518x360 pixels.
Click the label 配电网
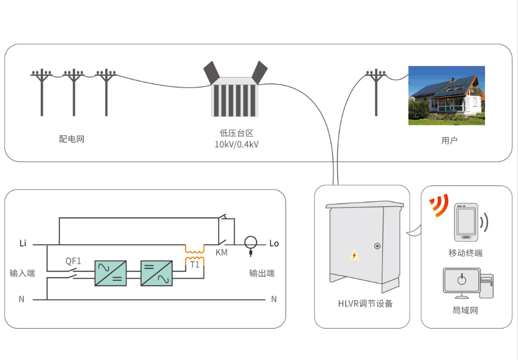pos(72,139)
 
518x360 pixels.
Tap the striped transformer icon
pos(235,96)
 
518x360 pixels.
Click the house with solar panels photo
pos(446,95)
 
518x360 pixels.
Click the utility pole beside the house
pos(376,92)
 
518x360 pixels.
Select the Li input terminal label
pos(23,243)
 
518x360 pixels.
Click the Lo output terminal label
pos(274,243)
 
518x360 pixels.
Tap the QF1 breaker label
pos(73,261)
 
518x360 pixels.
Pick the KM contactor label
pos(221,253)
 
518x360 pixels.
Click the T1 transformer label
pos(195,265)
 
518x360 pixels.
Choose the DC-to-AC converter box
pos(157,273)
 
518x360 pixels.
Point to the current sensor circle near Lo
pos(251,242)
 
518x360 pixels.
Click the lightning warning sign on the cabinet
pos(354,255)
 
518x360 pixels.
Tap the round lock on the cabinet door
pos(378,246)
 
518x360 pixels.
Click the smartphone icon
pos(466,222)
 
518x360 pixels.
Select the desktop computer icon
pos(467,282)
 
